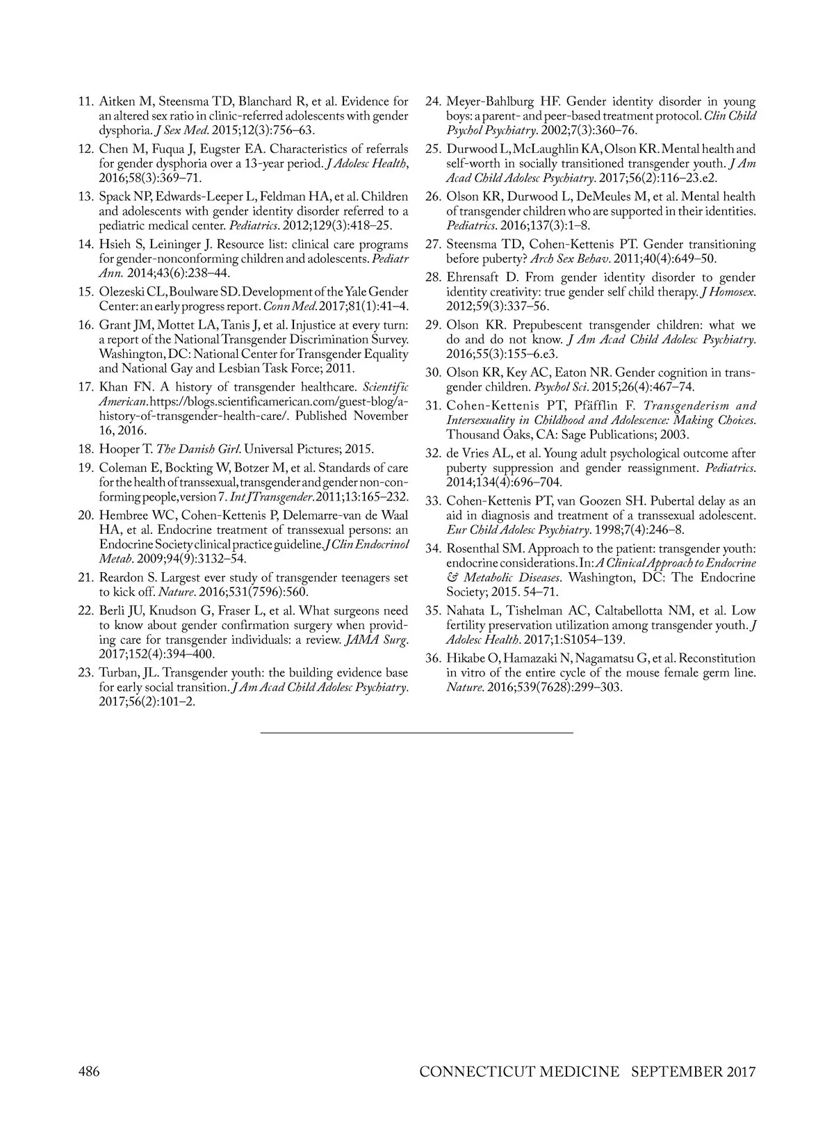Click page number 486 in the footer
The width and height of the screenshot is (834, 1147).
pos(88,1071)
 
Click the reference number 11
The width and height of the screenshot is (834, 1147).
pos(85,101)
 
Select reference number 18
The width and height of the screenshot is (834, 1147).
pos(85,449)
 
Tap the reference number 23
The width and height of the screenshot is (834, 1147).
pos(85,673)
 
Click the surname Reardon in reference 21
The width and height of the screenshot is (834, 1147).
pos(122,578)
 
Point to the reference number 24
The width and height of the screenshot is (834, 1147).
pos(433,101)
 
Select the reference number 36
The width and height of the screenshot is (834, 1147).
pos(433,658)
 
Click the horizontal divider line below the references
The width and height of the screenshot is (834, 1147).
pos(417,733)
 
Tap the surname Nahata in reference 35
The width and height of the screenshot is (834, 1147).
pos(466,611)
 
